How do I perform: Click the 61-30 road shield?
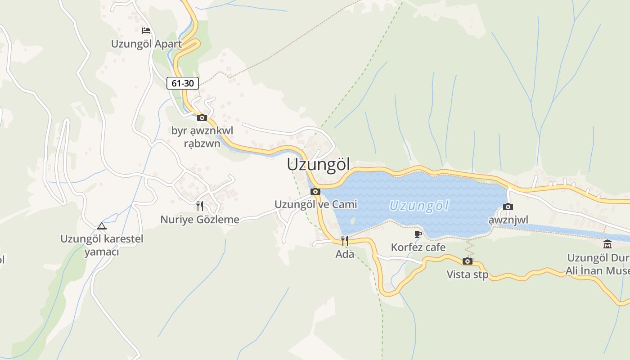point(183,83)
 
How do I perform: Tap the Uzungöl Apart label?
point(146,44)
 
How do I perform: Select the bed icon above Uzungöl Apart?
point(146,31)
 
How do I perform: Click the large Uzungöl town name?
point(318,165)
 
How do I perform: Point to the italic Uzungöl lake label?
point(419,206)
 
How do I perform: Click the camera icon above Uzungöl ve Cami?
point(315,192)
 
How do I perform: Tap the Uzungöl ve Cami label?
point(315,204)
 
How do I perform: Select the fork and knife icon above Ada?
point(345,241)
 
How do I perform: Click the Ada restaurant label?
point(345,254)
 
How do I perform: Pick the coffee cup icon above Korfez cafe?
point(418,234)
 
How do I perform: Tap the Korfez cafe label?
point(418,247)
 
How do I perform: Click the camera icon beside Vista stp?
point(468,261)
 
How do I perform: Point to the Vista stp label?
point(467,274)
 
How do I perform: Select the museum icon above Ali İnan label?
point(607,245)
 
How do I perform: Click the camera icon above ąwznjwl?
point(508,207)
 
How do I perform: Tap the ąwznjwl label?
point(508,220)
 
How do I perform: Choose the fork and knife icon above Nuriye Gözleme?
point(200,206)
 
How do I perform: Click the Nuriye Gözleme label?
point(200,220)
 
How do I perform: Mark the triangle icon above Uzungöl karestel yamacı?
point(102,226)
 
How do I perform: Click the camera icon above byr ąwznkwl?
point(202,118)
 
